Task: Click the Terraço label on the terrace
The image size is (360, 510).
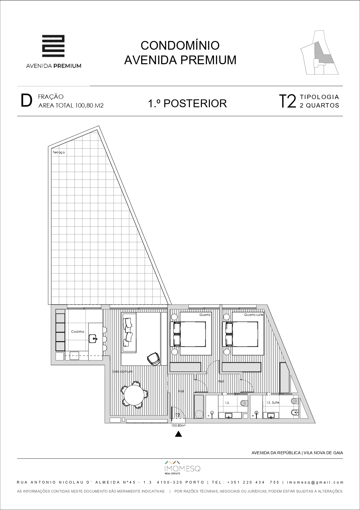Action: pyautogui.click(x=59, y=152)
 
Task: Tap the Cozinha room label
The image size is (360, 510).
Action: pyautogui.click(x=78, y=332)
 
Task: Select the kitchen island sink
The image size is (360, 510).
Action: pyautogui.click(x=93, y=338)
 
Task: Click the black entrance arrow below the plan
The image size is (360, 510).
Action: pyautogui.click(x=179, y=434)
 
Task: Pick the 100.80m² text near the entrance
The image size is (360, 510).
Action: pyautogui.click(x=178, y=425)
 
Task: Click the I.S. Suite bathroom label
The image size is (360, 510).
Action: pyautogui.click(x=273, y=402)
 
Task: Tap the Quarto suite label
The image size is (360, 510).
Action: pyautogui.click(x=254, y=315)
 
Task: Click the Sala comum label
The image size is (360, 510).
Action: pyautogui.click(x=123, y=371)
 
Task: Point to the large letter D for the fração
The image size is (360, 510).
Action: pyautogui.click(x=26, y=101)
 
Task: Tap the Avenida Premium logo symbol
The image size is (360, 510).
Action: pyautogui.click(x=53, y=46)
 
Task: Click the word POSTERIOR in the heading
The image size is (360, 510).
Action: pyautogui.click(x=195, y=103)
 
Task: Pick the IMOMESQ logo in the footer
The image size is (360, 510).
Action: pyautogui.click(x=182, y=468)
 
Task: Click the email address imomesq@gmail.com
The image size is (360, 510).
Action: pyautogui.click(x=315, y=482)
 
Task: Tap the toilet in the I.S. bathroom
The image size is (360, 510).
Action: pyautogui.click(x=244, y=403)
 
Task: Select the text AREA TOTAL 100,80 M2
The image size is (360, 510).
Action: pyautogui.click(x=71, y=105)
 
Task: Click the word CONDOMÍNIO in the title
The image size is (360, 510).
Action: pyautogui.click(x=180, y=45)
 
